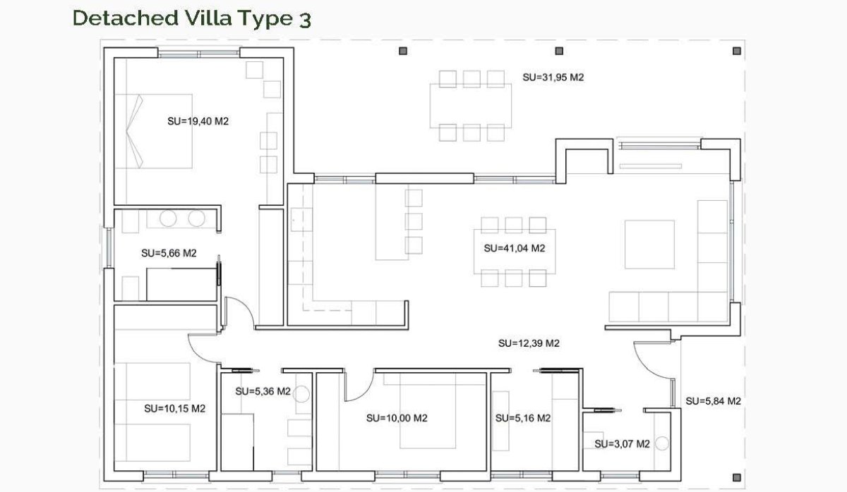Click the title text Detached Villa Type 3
pos(191,18)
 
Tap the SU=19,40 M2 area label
pos(198,121)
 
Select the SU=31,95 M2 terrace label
pos(553,78)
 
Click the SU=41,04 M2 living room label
pos(515,248)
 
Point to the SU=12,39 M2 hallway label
pos(529,343)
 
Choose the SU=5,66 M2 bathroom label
pos(169,253)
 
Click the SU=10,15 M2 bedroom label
pos(174,408)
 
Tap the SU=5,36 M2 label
pos(263,391)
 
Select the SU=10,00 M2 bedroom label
pos(397,418)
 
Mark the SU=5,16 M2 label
pos(522,418)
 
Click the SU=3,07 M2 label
pos(622,444)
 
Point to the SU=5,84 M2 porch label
pos(713,401)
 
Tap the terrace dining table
pos(471,105)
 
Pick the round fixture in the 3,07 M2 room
pos(662,443)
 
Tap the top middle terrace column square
pos(559,51)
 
